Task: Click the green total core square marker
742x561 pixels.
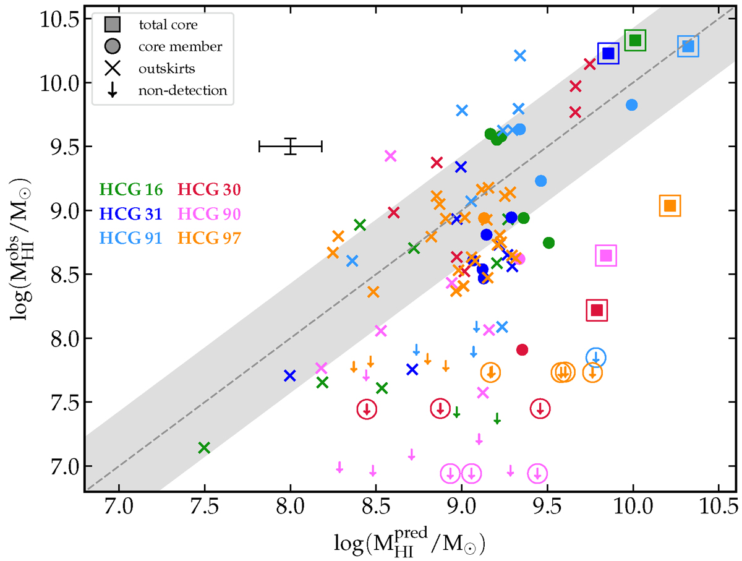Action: [635, 41]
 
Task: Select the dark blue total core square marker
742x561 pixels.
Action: [608, 53]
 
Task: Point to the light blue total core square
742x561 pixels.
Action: [688, 46]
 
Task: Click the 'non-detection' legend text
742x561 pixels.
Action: [183, 91]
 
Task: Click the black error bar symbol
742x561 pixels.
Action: [291, 146]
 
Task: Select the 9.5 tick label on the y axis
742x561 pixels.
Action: [60, 147]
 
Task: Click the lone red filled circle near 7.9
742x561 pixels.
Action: [522, 350]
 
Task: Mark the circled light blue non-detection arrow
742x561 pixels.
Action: [596, 358]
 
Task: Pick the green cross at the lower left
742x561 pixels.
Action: [204, 448]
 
